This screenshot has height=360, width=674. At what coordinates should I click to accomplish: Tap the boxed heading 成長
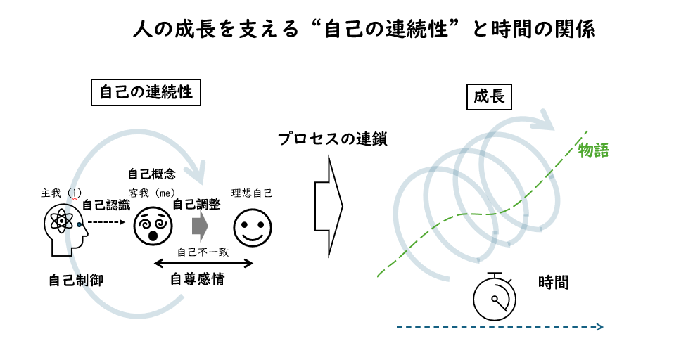tap(489, 96)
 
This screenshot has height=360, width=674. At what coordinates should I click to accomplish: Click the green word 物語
tap(593, 150)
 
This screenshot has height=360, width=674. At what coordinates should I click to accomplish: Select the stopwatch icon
tap(495, 299)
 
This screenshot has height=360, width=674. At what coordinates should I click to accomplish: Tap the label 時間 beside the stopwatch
tap(553, 283)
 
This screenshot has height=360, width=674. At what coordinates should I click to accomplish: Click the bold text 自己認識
tap(106, 205)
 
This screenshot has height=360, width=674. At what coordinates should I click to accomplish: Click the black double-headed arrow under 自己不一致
tap(203, 264)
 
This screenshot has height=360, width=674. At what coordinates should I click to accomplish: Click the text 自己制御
tap(76, 280)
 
